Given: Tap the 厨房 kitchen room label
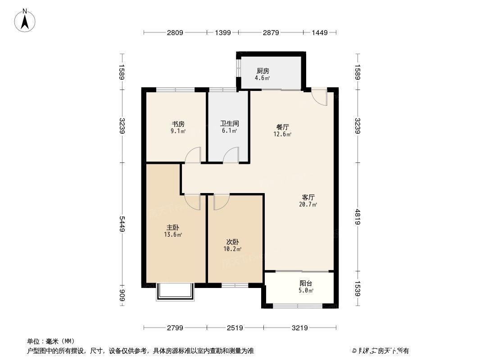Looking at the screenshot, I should coord(263,71).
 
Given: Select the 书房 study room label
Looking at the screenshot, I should coord(178,124).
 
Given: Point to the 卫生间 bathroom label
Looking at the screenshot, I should coord(229,123).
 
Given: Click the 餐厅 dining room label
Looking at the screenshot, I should coord(283,126).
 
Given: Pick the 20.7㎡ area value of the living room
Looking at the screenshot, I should coord(308,204).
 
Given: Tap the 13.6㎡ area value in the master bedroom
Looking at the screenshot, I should coord(173,234).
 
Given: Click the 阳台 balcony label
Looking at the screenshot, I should coord(306,283).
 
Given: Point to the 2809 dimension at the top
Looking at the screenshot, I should coord(175,32).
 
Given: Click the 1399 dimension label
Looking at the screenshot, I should coord(222,32).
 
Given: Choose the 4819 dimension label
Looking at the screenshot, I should coord(358,217).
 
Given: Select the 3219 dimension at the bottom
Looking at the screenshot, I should coord(299,328).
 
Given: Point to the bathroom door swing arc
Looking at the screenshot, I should coord(231,155).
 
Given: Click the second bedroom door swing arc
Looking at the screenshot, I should coord(222,202).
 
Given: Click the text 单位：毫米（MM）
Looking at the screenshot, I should coord(50,341).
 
